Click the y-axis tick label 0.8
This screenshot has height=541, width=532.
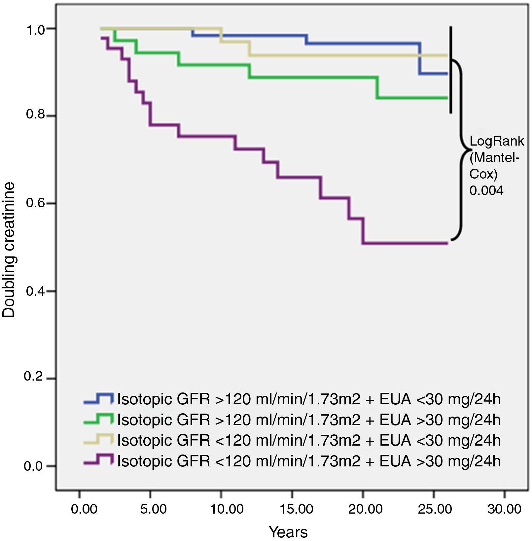point(35,115)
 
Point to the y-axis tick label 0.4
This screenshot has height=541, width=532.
point(35,291)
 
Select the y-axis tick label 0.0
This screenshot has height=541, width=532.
point(35,466)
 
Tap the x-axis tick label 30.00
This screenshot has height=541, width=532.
point(504,509)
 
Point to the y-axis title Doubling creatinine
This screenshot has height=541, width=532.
point(9,250)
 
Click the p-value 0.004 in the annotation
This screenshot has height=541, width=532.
point(486,190)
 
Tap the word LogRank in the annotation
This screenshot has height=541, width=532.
point(497,141)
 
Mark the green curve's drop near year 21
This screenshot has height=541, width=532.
point(377,88)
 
